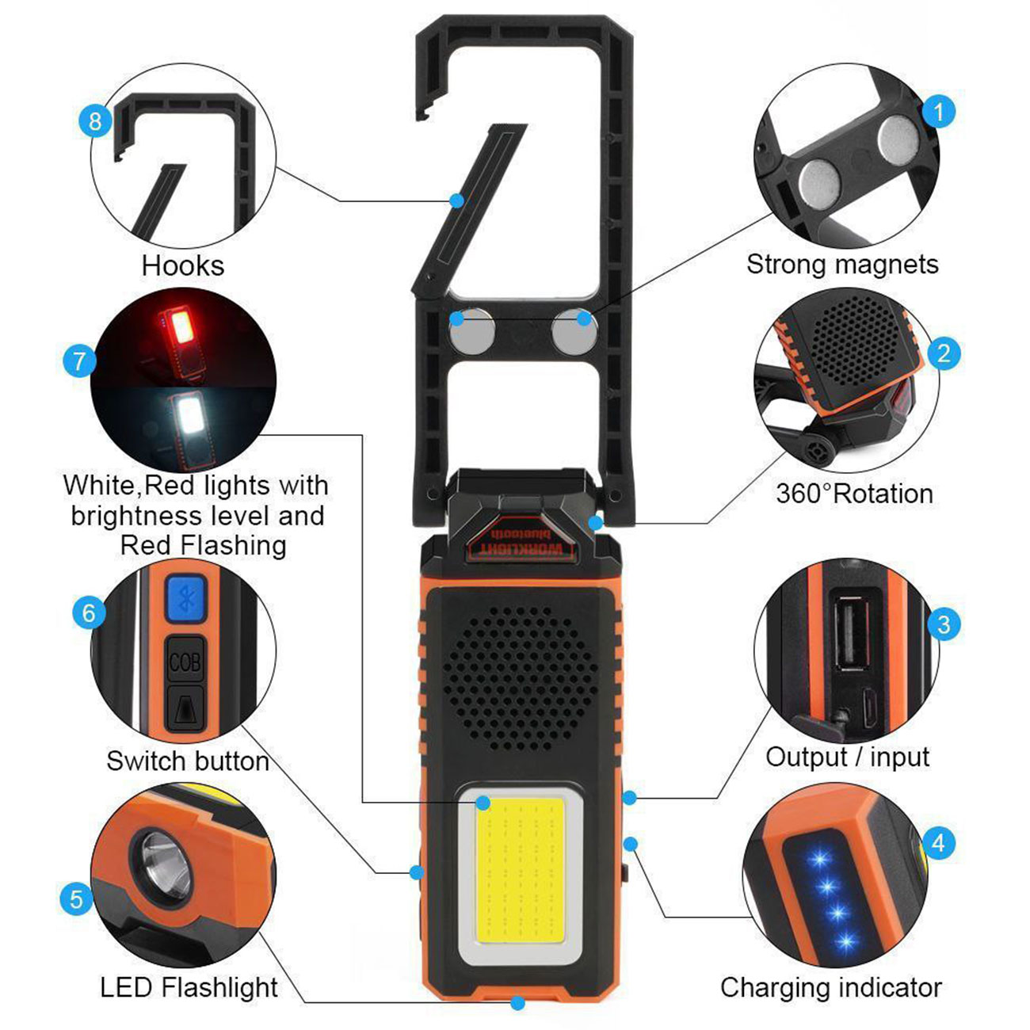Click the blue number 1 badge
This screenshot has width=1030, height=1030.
click(x=939, y=112)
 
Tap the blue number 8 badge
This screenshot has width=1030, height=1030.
click(x=95, y=120)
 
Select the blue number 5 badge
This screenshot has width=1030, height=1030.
click(x=76, y=898)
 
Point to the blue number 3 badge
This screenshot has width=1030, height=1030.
click(x=944, y=624)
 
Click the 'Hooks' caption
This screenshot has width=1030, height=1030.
click(x=183, y=265)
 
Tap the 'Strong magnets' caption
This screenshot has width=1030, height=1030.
click(x=842, y=264)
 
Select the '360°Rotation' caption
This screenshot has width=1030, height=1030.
click(x=855, y=494)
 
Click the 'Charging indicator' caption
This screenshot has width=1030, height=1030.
click(x=831, y=972)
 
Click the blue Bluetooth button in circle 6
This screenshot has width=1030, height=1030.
click(x=186, y=598)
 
